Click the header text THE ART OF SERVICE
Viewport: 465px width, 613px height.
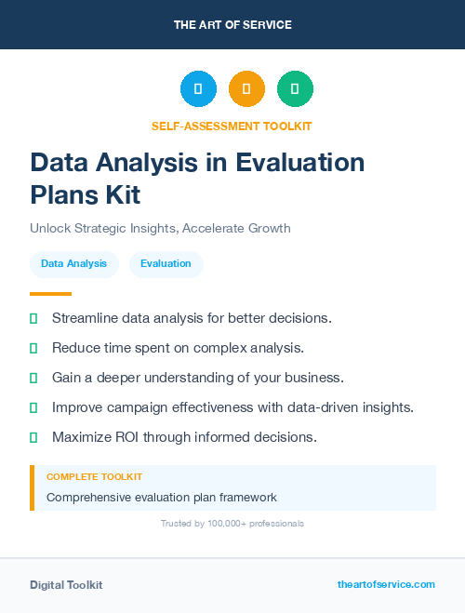click(x=232, y=25)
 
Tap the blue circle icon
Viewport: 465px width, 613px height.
click(x=198, y=88)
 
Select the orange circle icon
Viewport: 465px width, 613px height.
click(x=246, y=88)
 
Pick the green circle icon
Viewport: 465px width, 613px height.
click(x=295, y=88)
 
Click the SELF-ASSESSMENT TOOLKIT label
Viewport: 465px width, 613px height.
click(x=232, y=125)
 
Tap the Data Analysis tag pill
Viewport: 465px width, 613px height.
click(x=74, y=264)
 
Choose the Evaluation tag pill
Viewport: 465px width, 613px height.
click(x=166, y=264)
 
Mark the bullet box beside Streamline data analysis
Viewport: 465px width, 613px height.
click(x=33, y=318)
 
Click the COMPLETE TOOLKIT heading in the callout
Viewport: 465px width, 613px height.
click(x=94, y=477)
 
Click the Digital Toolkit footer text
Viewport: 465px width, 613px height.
click(x=66, y=585)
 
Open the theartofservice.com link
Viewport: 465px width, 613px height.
click(x=386, y=584)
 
